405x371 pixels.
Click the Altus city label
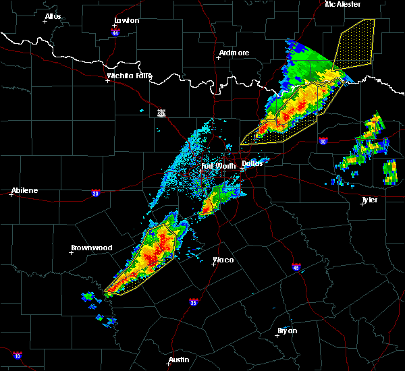(53, 16)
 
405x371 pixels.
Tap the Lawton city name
(127, 20)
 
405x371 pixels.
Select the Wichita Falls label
(130, 76)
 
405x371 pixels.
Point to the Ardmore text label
(234, 53)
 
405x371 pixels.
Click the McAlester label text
(343, 4)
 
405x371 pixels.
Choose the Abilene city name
(24, 190)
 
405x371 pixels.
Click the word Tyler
(369, 200)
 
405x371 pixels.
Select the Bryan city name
(287, 331)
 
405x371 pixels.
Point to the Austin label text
(179, 360)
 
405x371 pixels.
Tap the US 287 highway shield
(161, 113)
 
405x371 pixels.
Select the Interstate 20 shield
(95, 192)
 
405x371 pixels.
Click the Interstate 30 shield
(323, 141)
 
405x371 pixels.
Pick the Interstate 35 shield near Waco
(193, 301)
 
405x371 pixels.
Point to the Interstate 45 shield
(296, 266)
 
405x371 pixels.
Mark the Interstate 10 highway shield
(18, 355)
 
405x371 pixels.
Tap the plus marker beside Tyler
(362, 204)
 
